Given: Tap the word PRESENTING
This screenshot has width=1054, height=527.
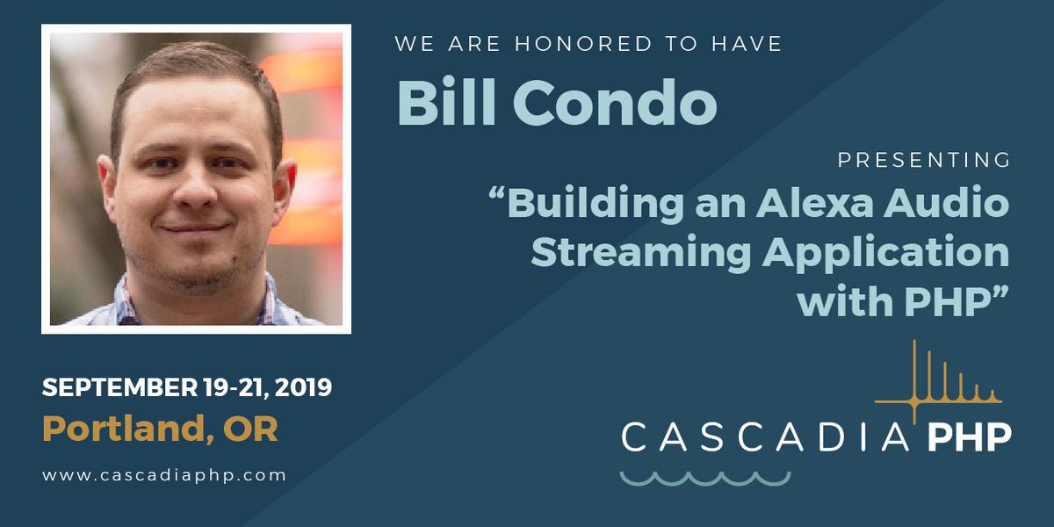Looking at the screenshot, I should click(923, 161).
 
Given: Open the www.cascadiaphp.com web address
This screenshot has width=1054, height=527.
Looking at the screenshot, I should click(164, 475).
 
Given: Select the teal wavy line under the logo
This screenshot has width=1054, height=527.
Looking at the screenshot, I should click(704, 479).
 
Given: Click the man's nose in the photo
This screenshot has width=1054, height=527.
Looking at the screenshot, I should click(196, 189).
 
